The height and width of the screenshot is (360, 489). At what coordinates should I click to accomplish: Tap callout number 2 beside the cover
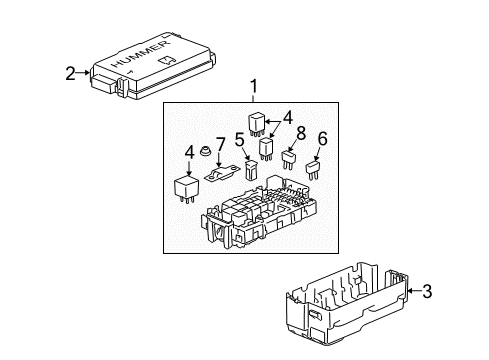pyautogui.click(x=70, y=71)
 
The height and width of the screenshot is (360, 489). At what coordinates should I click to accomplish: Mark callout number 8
pyautogui.click(x=298, y=130)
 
